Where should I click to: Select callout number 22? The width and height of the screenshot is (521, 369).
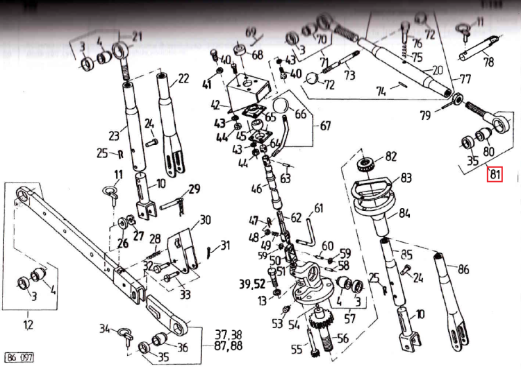[x=183, y=79]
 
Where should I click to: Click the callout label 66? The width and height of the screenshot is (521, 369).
[x=300, y=113]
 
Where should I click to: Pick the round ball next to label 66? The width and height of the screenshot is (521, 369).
[x=280, y=106]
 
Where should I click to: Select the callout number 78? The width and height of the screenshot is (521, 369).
[x=488, y=62]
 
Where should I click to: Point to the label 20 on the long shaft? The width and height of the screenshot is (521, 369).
[x=437, y=70]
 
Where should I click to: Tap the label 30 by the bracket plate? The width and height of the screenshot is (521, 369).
[x=204, y=221]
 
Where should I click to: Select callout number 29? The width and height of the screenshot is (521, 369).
[x=194, y=189]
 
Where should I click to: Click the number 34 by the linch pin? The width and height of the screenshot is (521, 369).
[x=105, y=328]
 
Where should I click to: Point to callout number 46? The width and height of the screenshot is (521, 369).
[x=256, y=188]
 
